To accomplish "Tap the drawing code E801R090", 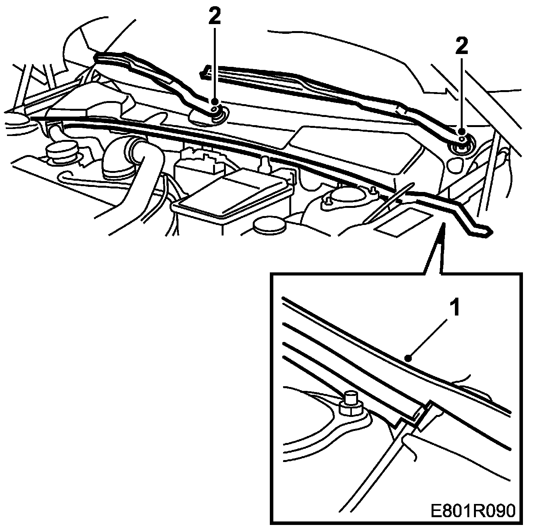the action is point(472,511).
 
